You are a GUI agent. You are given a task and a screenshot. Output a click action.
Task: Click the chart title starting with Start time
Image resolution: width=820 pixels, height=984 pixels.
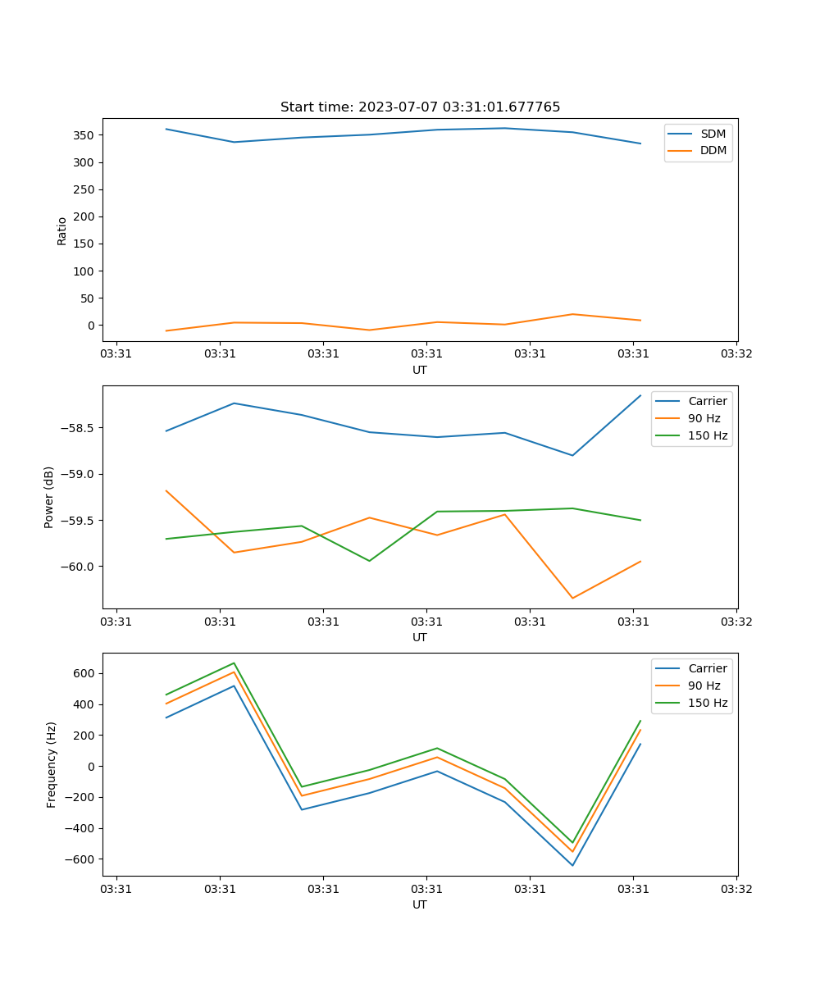420,107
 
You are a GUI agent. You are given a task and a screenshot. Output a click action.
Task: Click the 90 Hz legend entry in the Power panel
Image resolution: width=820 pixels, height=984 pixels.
704,418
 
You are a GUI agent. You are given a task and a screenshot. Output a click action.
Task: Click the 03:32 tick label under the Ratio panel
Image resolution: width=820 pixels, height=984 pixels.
736,354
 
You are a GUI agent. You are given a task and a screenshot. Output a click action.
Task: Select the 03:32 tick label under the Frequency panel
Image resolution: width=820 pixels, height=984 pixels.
736,889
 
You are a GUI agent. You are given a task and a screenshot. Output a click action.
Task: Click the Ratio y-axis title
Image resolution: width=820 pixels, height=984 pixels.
62,231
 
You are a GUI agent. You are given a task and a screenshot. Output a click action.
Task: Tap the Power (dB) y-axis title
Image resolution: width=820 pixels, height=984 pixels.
49,497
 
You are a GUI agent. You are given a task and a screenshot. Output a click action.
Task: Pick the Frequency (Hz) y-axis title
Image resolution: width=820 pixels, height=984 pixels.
52,764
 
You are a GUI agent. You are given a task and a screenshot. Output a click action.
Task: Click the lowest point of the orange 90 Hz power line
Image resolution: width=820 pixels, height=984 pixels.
572,598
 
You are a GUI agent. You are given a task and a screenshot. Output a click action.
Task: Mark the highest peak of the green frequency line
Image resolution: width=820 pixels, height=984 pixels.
235,663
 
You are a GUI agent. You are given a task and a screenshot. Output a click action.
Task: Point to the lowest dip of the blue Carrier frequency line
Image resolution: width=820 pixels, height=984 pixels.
572,865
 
